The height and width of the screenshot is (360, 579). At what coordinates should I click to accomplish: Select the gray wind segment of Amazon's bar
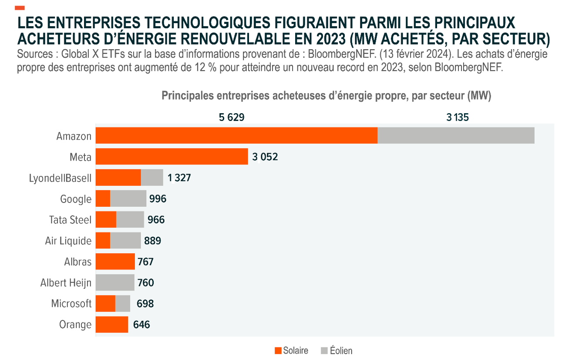point(455,135)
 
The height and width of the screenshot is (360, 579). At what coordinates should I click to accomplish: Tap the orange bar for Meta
point(172,157)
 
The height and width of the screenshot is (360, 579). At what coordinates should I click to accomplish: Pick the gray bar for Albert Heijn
point(115,283)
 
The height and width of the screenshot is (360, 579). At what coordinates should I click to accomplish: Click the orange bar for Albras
point(115,262)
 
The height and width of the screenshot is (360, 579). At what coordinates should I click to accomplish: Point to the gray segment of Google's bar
point(128,199)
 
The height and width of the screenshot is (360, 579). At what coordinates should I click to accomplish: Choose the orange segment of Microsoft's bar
point(105,303)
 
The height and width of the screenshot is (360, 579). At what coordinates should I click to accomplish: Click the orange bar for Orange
point(112,324)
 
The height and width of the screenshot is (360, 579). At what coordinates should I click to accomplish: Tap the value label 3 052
point(265,157)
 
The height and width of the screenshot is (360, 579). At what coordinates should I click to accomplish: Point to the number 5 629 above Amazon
point(232,117)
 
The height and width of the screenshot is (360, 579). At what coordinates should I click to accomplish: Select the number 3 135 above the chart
point(457,117)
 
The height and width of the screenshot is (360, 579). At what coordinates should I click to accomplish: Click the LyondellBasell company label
point(60,178)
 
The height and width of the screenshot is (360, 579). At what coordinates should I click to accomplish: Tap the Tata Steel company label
point(71,220)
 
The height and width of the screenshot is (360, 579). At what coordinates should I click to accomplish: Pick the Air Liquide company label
point(68,241)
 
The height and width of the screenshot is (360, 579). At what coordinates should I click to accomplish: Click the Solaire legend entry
point(291,350)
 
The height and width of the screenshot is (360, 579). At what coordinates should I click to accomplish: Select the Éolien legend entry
point(337,350)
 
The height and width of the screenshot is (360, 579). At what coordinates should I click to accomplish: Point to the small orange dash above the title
point(20,8)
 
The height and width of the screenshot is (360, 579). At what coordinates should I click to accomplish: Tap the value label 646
point(141,325)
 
